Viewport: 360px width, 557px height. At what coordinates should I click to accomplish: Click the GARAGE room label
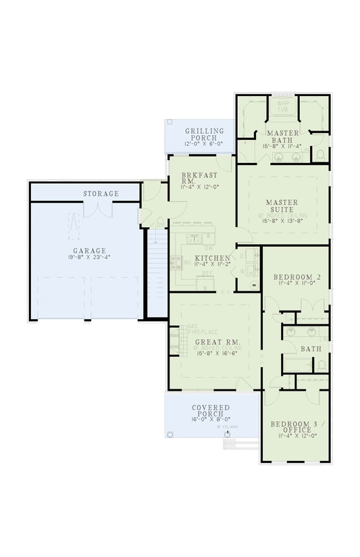85,251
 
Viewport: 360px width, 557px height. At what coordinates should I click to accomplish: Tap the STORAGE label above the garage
101,194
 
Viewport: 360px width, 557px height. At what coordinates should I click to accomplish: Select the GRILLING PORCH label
201,132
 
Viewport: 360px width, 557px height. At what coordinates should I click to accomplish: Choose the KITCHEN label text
212,258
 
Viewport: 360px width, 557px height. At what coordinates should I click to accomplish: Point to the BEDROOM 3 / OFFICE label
292,427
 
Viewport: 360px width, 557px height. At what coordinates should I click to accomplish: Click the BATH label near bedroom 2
311,349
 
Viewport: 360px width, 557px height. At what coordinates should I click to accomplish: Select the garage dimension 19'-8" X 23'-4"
85,258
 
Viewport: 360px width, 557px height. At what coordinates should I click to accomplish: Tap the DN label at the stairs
159,225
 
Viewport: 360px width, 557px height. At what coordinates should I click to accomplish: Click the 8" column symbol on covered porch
228,435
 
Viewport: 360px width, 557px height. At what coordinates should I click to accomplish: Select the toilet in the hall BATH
322,364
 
